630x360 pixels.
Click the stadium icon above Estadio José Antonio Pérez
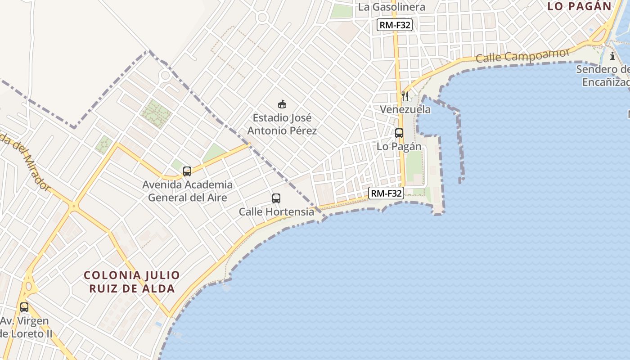(x=282, y=104)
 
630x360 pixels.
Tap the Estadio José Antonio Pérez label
(x=282, y=124)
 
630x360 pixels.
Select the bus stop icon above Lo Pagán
(x=399, y=133)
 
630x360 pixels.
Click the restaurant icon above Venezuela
(x=405, y=96)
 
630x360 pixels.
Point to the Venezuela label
(x=405, y=109)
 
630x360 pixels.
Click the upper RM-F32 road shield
(x=395, y=25)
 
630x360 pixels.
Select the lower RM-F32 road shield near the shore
(x=386, y=193)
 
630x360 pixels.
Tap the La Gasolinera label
(x=391, y=7)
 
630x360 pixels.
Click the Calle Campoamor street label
(x=522, y=55)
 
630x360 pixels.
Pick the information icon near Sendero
(x=612, y=56)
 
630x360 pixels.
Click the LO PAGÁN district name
(x=580, y=6)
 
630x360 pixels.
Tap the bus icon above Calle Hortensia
(x=276, y=198)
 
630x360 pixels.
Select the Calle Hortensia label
(x=276, y=211)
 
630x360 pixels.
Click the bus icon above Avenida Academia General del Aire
(x=187, y=171)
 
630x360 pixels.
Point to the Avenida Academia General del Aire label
(x=188, y=191)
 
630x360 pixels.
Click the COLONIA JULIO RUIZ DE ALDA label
(x=132, y=282)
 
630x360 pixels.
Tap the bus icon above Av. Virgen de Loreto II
(x=24, y=307)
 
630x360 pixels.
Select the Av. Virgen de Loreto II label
(x=26, y=328)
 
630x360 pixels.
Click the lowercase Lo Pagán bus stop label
(x=399, y=147)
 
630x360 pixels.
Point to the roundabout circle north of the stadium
(x=262, y=18)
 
